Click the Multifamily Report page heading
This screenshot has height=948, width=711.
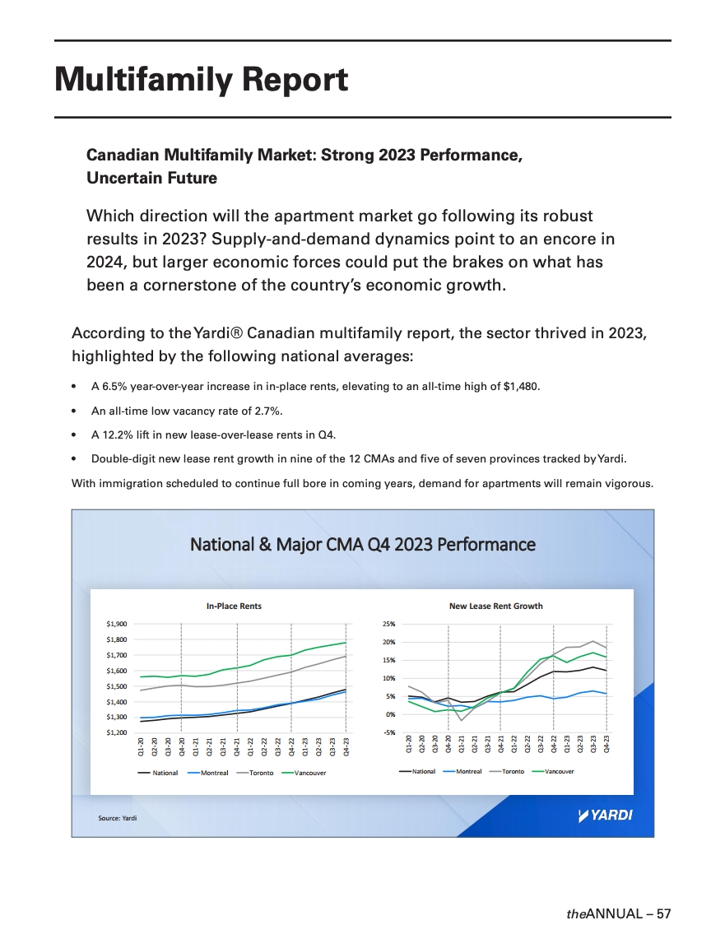[x=201, y=80]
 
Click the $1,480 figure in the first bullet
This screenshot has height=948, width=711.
[x=523, y=387]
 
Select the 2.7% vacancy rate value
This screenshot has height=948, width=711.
[x=270, y=411]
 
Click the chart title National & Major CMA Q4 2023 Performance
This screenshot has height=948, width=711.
[x=362, y=545]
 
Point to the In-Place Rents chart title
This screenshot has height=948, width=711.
[x=234, y=606]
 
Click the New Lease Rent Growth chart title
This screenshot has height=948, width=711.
[x=495, y=606]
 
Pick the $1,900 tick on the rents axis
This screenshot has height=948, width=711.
[x=117, y=625]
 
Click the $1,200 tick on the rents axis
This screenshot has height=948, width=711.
[x=117, y=732]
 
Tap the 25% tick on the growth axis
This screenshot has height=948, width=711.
[x=389, y=625]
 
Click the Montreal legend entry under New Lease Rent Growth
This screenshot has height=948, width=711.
[x=469, y=772]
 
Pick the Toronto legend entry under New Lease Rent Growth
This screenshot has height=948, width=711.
[x=513, y=772]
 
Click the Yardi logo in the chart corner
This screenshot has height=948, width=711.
[x=606, y=816]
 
